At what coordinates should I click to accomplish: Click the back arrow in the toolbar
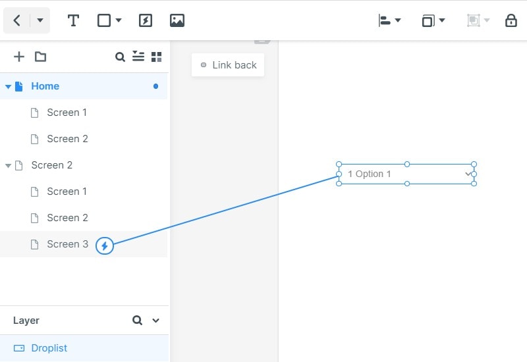click(17, 20)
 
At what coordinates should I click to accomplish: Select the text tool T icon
click(73, 20)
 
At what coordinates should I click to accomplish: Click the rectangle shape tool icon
click(104, 20)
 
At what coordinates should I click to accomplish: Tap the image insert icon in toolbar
click(177, 20)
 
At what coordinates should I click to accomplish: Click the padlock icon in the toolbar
click(511, 20)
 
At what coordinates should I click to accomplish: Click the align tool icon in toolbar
click(385, 20)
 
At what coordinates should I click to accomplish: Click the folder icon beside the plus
click(40, 57)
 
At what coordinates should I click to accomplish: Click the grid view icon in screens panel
click(156, 57)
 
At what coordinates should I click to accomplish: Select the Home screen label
click(45, 86)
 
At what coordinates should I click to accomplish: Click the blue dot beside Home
click(155, 86)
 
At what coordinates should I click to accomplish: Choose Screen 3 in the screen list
click(67, 244)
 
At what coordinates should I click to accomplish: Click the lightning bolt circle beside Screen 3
click(105, 246)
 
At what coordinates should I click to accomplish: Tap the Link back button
click(228, 65)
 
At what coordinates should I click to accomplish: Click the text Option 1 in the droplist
click(373, 174)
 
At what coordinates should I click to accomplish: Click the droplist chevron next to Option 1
click(468, 174)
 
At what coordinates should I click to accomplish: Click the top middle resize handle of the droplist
click(407, 164)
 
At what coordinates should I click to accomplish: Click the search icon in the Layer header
click(137, 320)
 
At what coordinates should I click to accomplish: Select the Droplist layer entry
click(49, 348)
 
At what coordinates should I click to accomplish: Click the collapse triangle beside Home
click(8, 87)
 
